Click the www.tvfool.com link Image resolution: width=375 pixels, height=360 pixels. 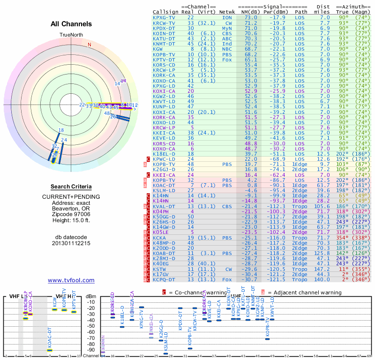[x=71, y=280]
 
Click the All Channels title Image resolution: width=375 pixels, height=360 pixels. [x=71, y=24]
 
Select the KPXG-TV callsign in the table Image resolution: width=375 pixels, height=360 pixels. [x=164, y=17]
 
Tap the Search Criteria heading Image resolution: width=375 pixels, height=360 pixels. [x=71, y=187]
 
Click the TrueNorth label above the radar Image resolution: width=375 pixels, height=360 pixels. [x=71, y=35]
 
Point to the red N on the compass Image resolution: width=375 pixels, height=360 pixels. [x=89, y=45]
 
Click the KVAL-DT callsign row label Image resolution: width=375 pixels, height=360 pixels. [x=164, y=206]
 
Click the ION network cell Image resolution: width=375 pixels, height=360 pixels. [x=227, y=17]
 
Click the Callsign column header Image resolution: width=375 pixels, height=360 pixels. [x=165, y=12]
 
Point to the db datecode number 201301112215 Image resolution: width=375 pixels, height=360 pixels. [x=71, y=243]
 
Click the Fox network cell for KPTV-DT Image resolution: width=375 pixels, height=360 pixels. [x=227, y=60]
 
